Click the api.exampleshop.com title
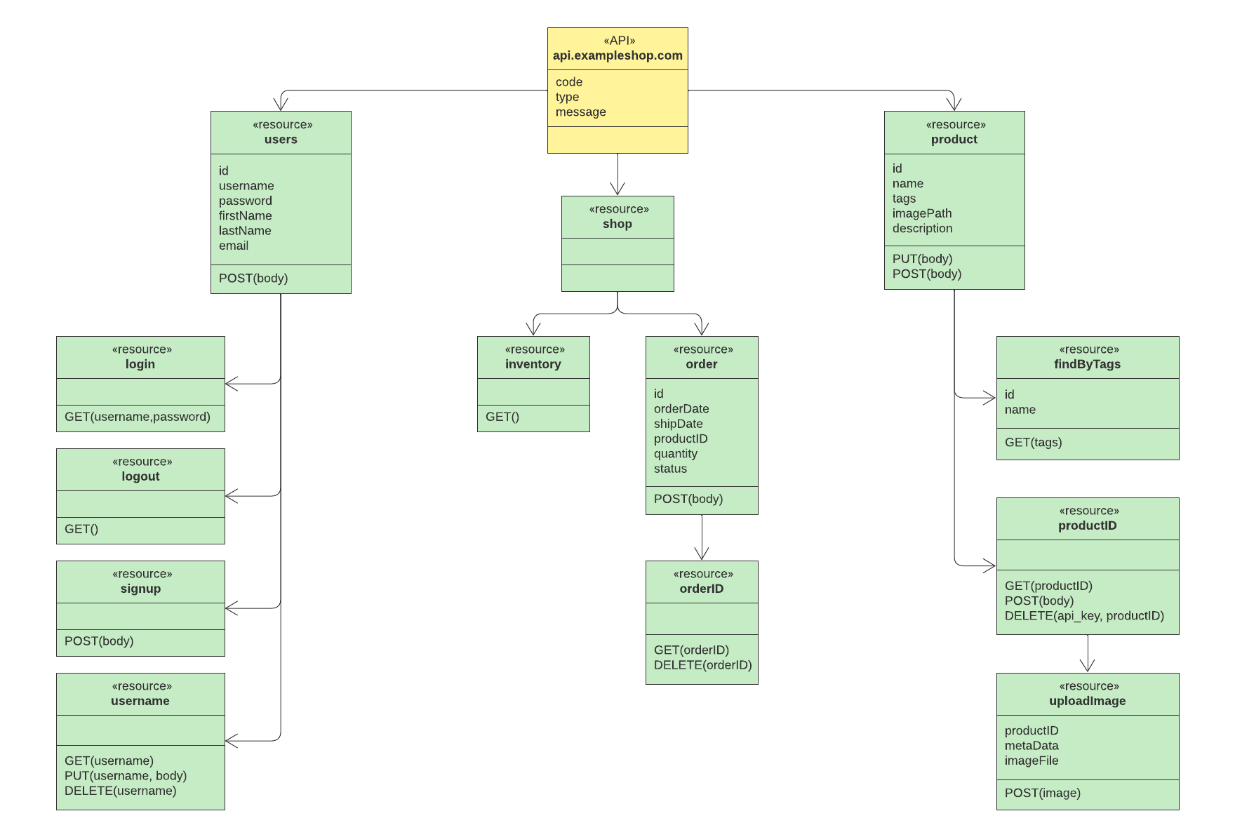[x=617, y=55]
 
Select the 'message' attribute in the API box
[x=580, y=112]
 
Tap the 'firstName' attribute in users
[x=245, y=216]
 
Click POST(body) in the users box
[x=253, y=279]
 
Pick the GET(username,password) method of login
[x=138, y=417]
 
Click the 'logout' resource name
[x=140, y=476]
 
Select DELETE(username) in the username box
[x=121, y=791]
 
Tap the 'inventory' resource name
[x=533, y=364]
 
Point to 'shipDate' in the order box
[x=678, y=424]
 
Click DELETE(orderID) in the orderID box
[x=702, y=665]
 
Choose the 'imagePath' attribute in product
[x=922, y=213]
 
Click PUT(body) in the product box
[x=922, y=259]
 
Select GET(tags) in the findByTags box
[x=1033, y=443]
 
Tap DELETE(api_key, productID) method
[x=1084, y=616]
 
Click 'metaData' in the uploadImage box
[x=1032, y=746]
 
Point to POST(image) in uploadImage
[x=1042, y=794]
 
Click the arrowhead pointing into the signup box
[x=231, y=608]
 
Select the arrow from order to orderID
[x=702, y=537]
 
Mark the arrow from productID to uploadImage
[x=1088, y=654]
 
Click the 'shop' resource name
[x=617, y=224]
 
